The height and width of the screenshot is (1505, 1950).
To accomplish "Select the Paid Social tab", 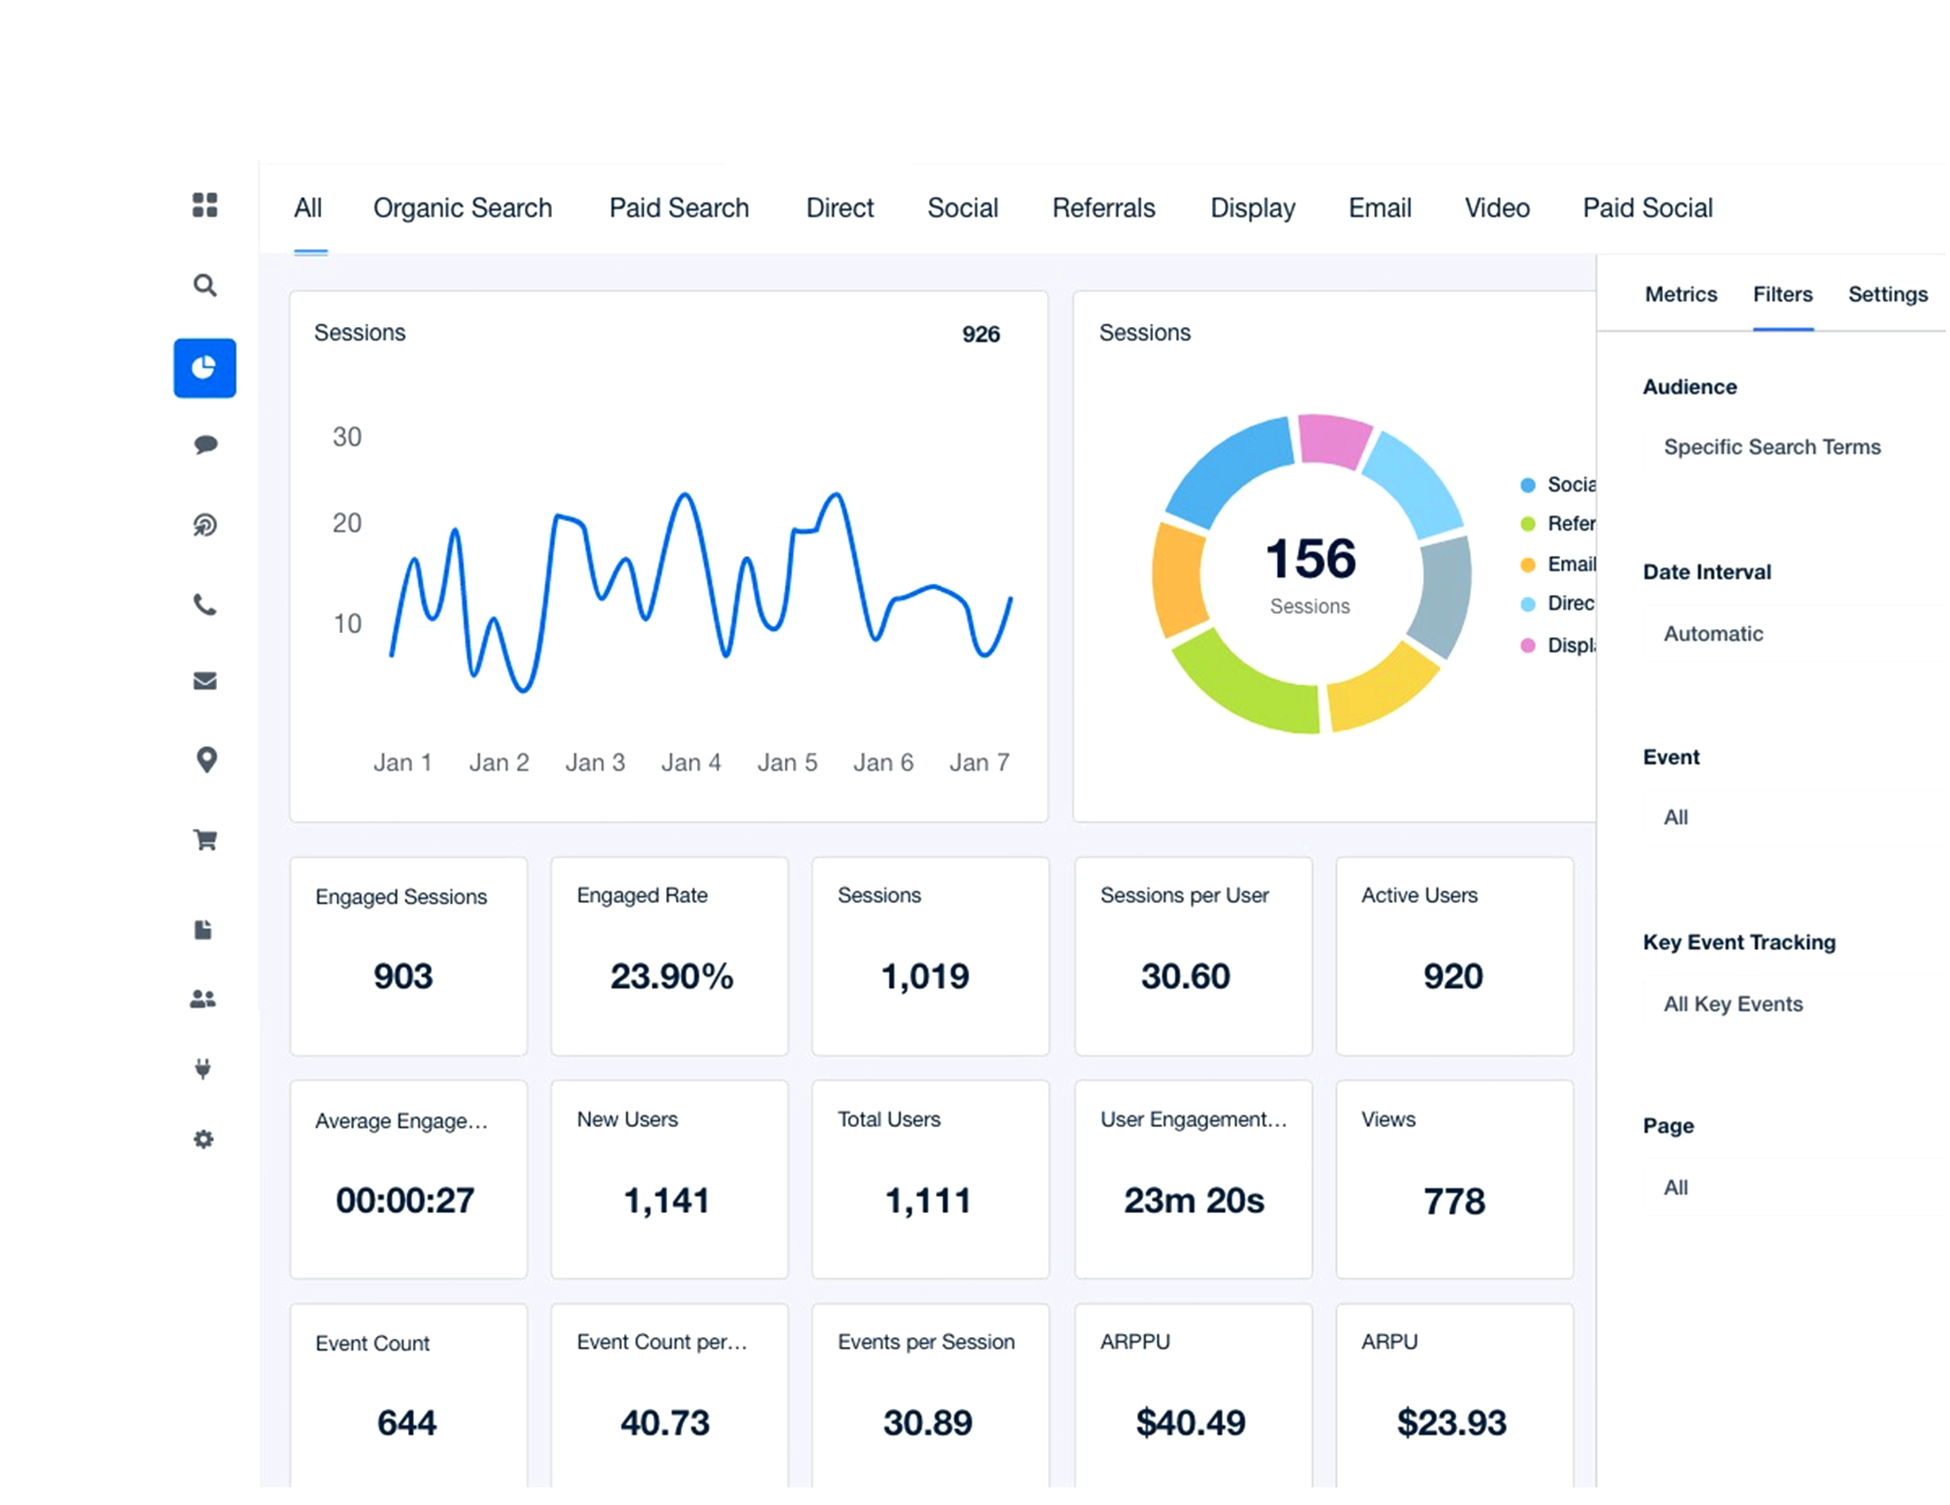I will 1646,208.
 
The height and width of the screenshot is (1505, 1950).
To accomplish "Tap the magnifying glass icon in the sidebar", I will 204,285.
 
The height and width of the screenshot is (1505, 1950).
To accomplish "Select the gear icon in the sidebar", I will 204,1139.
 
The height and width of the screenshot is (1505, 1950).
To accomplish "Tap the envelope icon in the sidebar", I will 204,681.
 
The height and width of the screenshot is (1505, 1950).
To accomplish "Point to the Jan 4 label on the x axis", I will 690,762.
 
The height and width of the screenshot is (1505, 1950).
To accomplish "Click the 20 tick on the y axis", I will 347,523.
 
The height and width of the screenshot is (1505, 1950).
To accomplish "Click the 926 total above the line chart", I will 980,334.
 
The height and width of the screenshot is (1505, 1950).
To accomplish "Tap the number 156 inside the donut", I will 1310,558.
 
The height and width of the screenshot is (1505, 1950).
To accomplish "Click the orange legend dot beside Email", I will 1527,565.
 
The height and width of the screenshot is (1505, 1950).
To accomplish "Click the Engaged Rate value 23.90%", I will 671,975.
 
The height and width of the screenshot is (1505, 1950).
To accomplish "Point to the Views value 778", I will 1454,1200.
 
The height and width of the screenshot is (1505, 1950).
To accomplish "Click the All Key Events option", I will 1732,1004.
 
